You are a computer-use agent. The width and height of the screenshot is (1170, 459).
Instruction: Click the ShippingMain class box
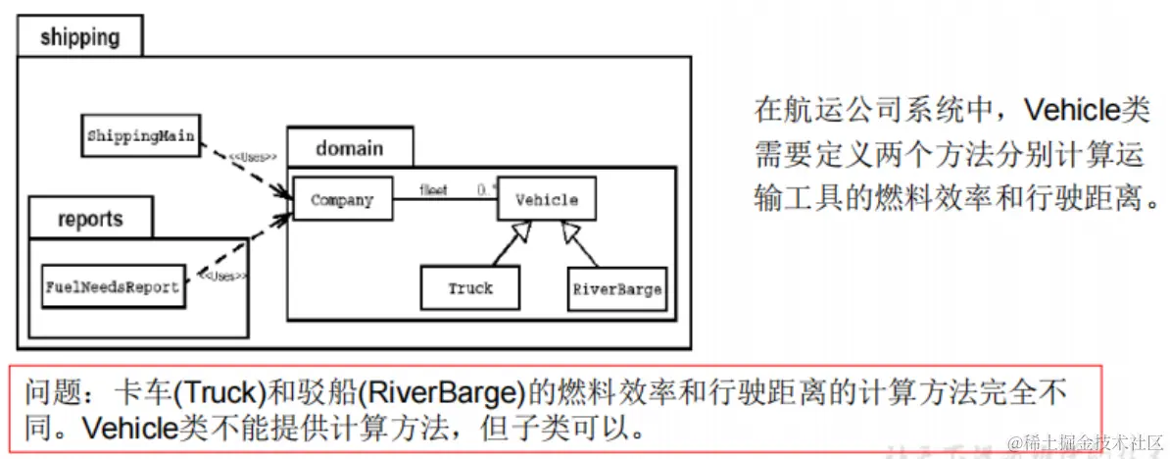click(139, 135)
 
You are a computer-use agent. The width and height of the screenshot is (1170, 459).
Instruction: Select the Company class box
click(342, 200)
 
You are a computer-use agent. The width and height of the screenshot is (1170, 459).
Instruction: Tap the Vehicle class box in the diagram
click(546, 200)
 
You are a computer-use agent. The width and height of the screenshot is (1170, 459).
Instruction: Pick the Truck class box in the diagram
click(470, 288)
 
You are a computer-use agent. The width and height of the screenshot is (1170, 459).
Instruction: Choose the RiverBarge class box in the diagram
click(616, 289)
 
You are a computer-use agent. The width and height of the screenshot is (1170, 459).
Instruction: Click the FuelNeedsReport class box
click(113, 287)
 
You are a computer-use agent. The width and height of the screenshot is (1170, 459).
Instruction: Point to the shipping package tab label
click(80, 38)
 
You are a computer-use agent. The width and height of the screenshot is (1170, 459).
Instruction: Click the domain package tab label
click(349, 148)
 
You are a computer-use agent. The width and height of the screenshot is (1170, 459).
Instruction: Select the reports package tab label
click(89, 218)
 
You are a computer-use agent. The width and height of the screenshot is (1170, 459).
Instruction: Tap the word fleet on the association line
click(433, 188)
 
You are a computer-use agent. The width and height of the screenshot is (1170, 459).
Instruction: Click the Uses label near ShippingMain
click(253, 157)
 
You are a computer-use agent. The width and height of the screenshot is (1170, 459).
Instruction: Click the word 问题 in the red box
click(47, 393)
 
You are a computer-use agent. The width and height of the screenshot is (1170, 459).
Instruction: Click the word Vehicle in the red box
click(126, 429)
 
